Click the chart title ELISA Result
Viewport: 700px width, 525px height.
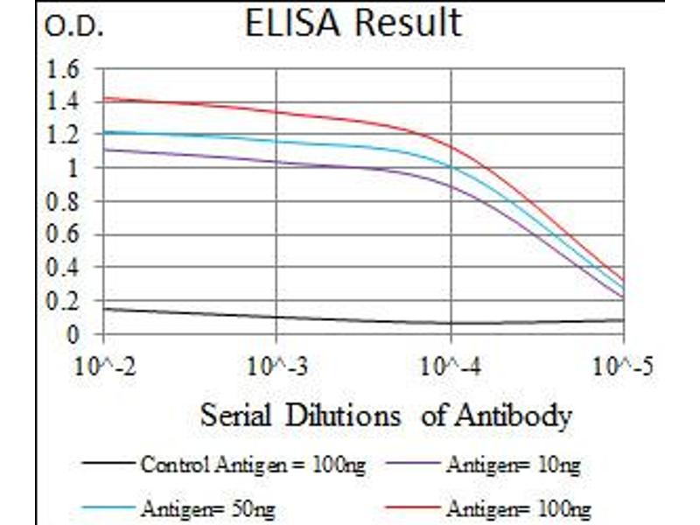click(353, 24)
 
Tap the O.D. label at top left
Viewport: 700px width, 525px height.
click(73, 28)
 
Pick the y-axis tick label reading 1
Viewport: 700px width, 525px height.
click(73, 168)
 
